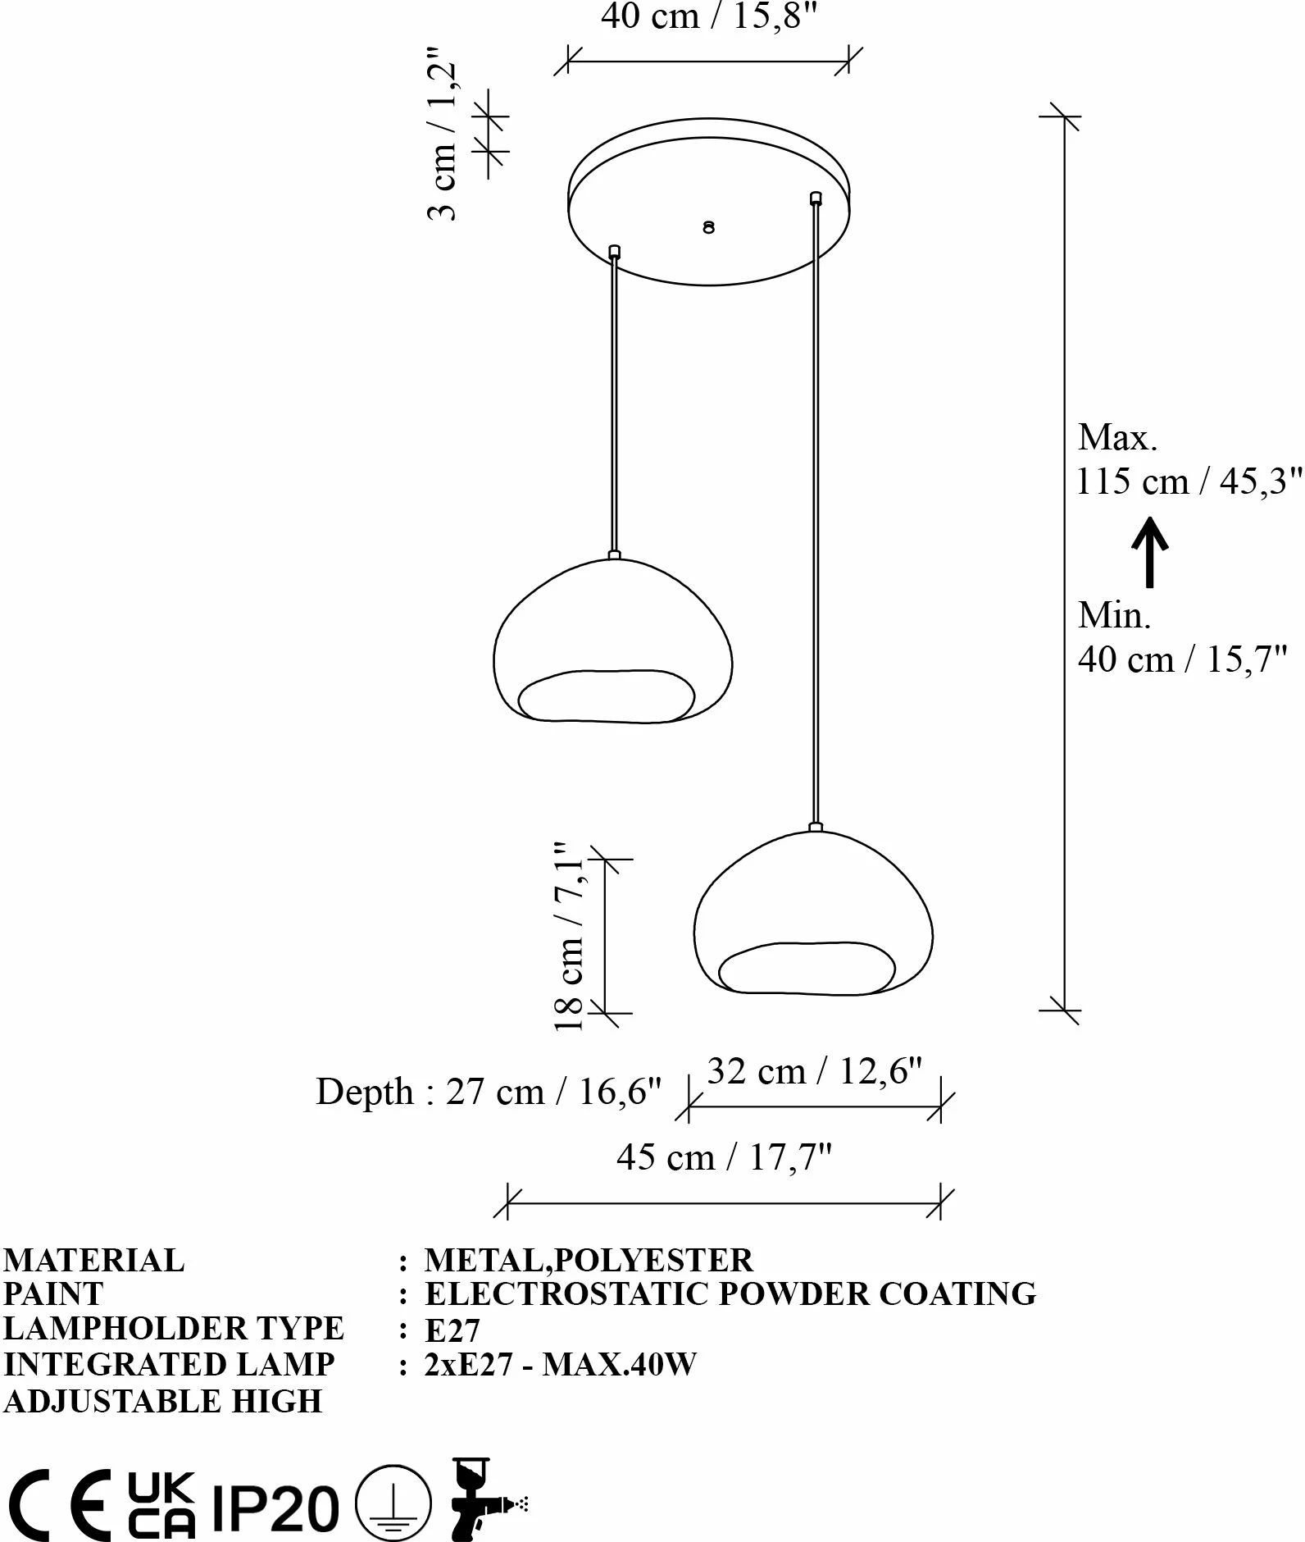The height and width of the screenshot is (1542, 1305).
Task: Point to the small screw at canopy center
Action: [x=709, y=227]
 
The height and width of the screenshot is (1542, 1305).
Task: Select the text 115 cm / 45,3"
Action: [x=1189, y=481]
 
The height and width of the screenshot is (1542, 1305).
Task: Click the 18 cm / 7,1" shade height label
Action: [x=569, y=936]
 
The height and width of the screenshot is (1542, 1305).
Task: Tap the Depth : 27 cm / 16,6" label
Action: [x=489, y=1092]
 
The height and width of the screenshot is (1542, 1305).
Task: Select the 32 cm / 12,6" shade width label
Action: [x=815, y=1071]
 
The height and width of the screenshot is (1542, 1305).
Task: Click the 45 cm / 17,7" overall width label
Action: [x=725, y=1157]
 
